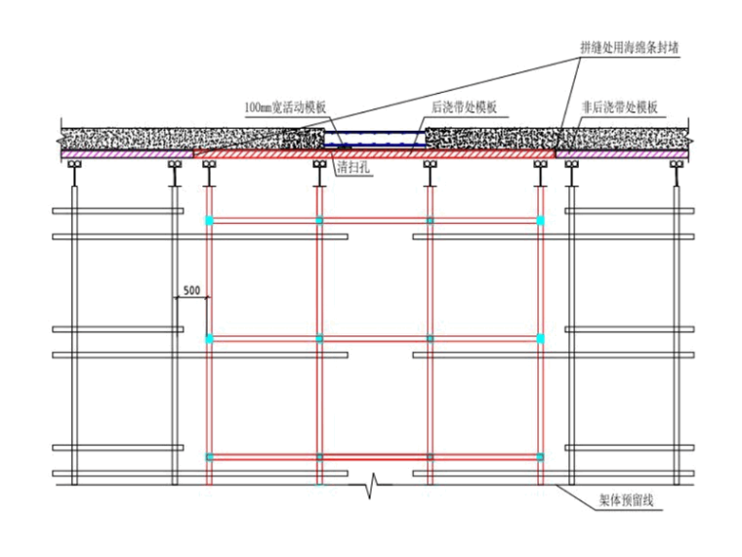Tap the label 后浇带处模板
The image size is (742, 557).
[464, 107]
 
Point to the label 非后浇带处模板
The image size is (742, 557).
[621, 107]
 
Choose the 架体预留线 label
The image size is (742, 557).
[627, 502]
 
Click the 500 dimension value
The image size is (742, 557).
[191, 290]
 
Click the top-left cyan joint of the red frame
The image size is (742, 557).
[208, 221]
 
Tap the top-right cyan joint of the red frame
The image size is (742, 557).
[541, 221]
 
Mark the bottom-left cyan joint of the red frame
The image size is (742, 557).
[208, 456]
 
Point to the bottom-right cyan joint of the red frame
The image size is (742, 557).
[541, 456]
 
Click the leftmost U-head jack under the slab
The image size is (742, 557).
[75, 174]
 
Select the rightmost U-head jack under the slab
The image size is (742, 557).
[675, 174]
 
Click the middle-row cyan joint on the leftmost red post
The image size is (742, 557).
[208, 338]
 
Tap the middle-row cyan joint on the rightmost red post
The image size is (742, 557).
[541, 338]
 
